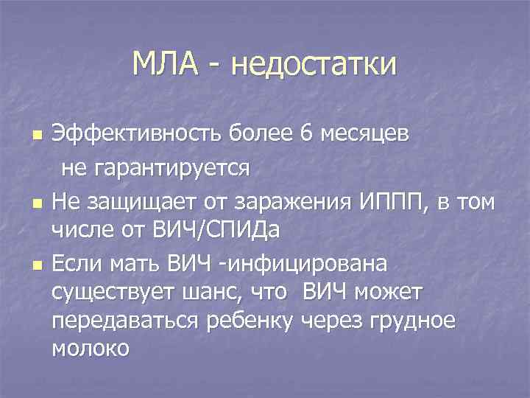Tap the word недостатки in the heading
[314, 63]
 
